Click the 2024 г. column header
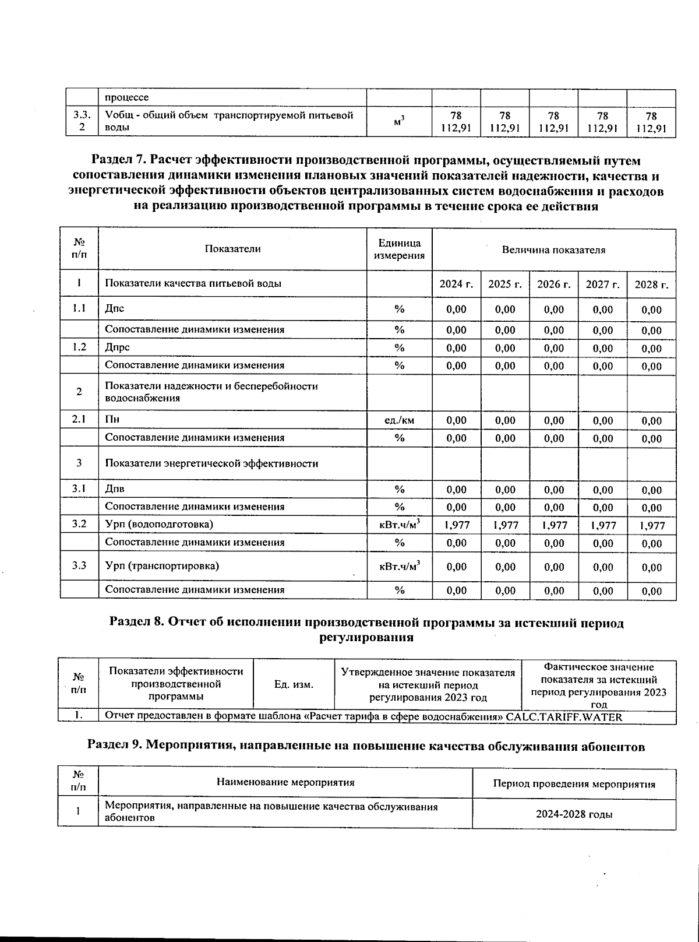(456, 284)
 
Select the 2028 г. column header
(651, 284)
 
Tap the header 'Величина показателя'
(553, 250)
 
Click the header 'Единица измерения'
(399, 249)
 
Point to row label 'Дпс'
(115, 309)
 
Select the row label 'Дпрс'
(117, 347)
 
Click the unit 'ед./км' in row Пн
(399, 420)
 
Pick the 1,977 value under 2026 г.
(553, 525)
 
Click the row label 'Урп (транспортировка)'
(162, 565)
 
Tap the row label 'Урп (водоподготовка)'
(159, 524)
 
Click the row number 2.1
(79, 420)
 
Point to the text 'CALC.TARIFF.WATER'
(564, 717)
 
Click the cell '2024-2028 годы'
(574, 814)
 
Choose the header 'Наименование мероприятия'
(285, 782)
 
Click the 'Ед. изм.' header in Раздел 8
(294, 685)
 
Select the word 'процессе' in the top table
(126, 97)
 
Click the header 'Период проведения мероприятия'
(574, 784)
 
